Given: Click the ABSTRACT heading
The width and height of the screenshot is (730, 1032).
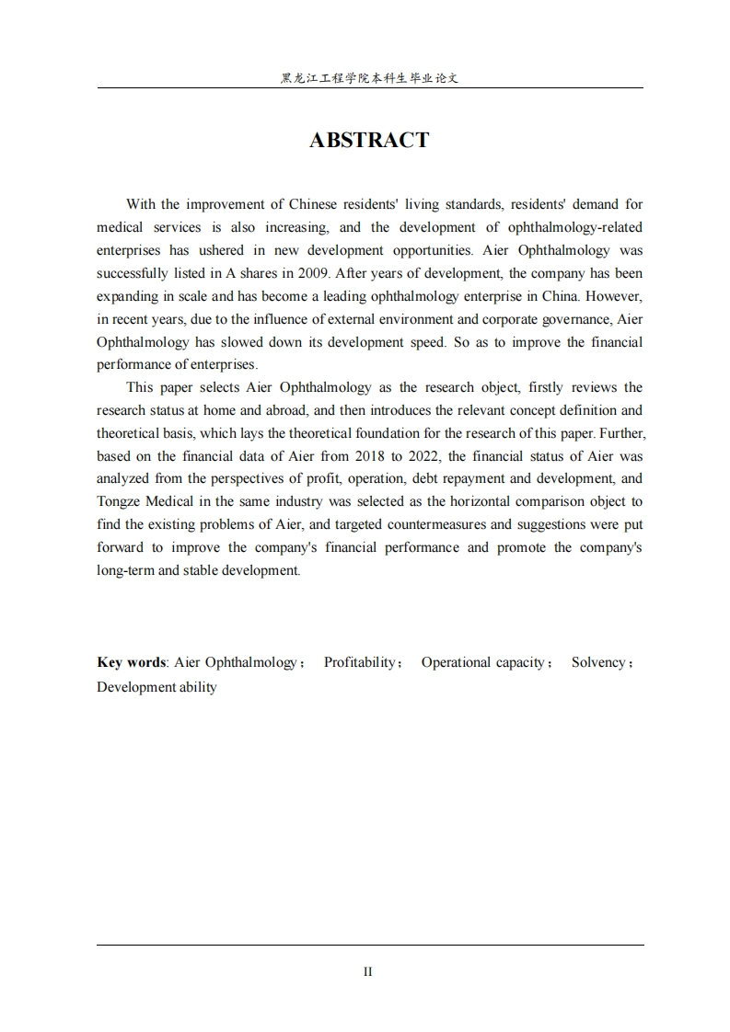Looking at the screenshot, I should pyautogui.click(x=369, y=141).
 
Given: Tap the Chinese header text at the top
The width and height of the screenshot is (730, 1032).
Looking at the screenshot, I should pyautogui.click(x=369, y=79).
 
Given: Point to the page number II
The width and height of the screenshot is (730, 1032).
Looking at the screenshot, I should pyautogui.click(x=367, y=971).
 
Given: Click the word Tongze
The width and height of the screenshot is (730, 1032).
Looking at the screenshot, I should pyautogui.click(x=120, y=501).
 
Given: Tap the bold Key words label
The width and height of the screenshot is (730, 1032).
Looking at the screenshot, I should pyautogui.click(x=132, y=662).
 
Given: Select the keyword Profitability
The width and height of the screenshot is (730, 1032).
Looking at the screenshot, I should pyautogui.click(x=359, y=662).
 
